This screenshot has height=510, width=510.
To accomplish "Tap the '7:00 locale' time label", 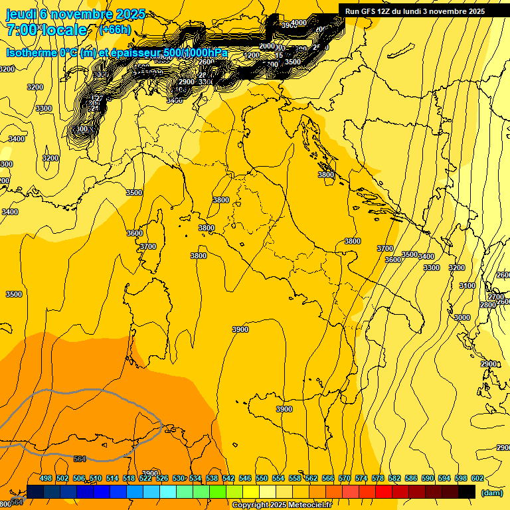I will pos(46,30).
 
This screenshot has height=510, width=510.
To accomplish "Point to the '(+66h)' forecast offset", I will pos(115,30).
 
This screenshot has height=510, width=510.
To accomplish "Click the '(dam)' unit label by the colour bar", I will pos(491,493).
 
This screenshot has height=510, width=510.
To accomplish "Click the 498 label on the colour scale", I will pos(46,479).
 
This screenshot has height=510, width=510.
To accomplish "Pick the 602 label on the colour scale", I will pos(477,479).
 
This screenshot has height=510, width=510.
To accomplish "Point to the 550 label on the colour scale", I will pos(262,479).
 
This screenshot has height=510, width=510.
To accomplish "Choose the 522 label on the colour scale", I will pos(145,479).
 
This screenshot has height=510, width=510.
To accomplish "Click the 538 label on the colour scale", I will pos(212,479).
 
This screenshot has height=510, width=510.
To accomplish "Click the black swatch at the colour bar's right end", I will pos(467,491).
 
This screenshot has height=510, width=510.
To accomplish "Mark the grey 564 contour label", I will pos(80,459).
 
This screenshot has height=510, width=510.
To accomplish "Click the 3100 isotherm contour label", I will pos(467,286).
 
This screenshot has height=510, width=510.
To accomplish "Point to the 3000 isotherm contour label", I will pos(462,317).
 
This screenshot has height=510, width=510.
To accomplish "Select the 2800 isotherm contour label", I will pos(488,305).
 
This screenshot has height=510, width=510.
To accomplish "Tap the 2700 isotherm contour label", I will pos(496,297).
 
